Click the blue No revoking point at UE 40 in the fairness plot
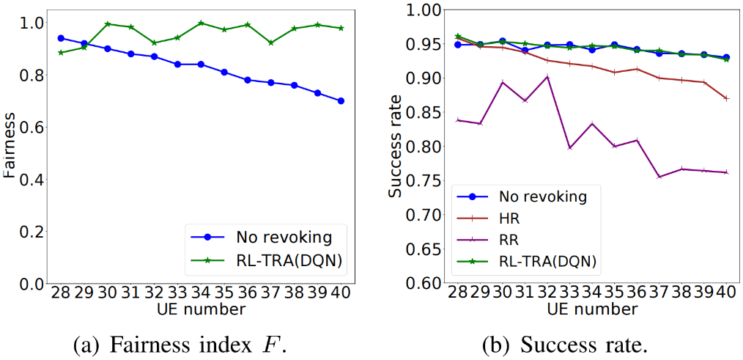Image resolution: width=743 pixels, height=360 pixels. tap(340, 100)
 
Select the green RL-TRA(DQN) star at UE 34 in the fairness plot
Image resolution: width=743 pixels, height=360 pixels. tap(201, 23)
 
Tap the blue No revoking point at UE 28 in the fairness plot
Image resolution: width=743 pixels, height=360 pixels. tap(61, 38)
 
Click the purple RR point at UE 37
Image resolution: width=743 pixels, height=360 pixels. tap(659, 177)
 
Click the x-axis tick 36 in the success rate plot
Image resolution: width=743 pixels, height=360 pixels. tap(636, 293)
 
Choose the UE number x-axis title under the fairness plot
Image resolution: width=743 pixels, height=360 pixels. tap(201, 310)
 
